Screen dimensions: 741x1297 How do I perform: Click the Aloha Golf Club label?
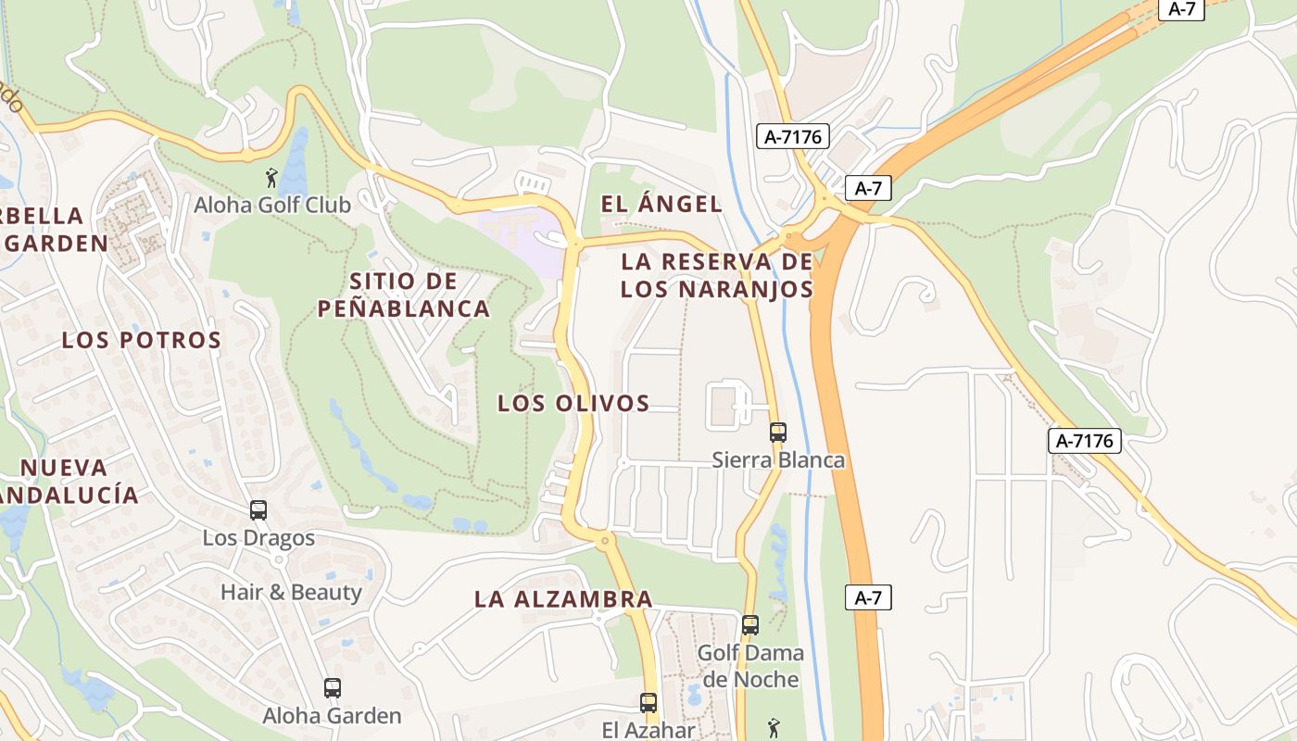(x=272, y=205)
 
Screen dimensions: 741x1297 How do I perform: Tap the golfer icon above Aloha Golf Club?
(x=271, y=177)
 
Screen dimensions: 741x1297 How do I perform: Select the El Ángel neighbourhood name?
(x=661, y=205)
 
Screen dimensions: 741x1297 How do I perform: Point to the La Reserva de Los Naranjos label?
(x=717, y=275)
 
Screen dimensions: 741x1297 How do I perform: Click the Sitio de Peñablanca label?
(x=404, y=295)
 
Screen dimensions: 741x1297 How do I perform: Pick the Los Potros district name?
(x=142, y=340)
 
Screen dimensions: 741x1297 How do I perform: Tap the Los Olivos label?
(x=573, y=403)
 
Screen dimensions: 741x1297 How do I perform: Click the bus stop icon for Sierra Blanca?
(x=778, y=432)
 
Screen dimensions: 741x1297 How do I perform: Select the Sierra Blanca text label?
(x=778, y=459)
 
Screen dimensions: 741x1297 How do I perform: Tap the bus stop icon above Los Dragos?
(x=258, y=509)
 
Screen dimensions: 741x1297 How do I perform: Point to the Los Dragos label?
(x=258, y=537)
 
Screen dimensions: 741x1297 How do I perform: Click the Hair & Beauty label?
(x=291, y=592)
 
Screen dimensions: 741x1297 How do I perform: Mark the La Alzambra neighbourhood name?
(x=563, y=599)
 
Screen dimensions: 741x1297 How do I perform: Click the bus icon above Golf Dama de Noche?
(x=750, y=625)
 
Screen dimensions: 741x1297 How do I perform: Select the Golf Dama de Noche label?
(x=750, y=666)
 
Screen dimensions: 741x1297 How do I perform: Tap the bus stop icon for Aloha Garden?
(x=333, y=687)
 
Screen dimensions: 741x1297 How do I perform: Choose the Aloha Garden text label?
(x=332, y=715)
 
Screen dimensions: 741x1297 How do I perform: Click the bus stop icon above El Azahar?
(x=648, y=703)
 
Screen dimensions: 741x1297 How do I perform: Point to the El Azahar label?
(x=648, y=730)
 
